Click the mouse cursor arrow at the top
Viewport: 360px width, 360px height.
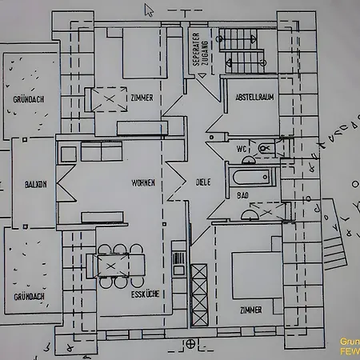pos(149,10)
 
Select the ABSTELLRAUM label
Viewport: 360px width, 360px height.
pos(254,98)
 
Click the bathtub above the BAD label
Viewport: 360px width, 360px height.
pos(252,177)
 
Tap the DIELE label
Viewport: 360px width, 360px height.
pos(203,182)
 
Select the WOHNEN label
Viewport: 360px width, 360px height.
pos(143,183)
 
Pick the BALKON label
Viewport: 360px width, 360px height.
pos(35,183)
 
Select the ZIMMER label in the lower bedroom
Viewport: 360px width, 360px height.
pos(250,309)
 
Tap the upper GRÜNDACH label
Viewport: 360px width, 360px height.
pos(28,101)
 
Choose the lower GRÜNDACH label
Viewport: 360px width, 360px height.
pos(28,297)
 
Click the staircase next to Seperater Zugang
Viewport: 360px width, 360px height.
pos(242,49)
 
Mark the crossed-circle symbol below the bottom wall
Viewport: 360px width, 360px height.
pos(190,344)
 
